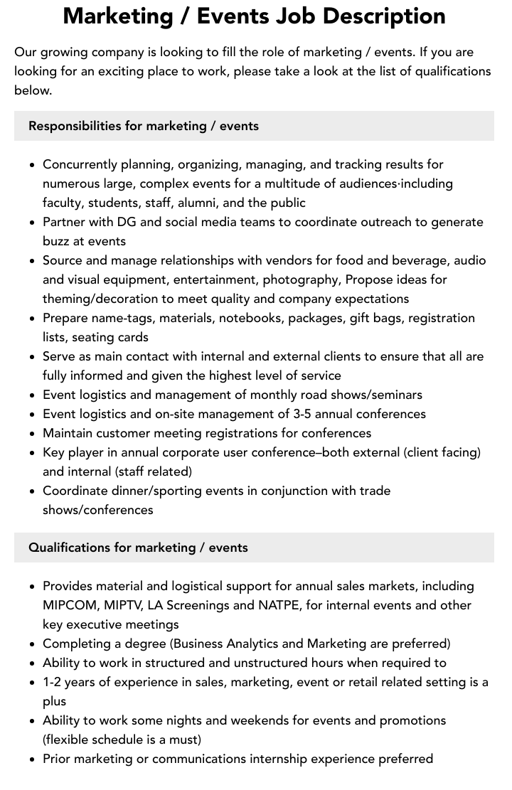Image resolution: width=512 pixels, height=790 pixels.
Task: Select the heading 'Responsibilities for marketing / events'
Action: click(x=143, y=126)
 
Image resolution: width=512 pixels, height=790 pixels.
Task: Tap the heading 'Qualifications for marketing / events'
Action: click(x=138, y=548)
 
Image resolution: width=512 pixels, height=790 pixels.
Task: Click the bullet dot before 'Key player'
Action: click(x=32, y=453)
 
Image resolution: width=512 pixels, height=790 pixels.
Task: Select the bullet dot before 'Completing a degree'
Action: click(x=32, y=644)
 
